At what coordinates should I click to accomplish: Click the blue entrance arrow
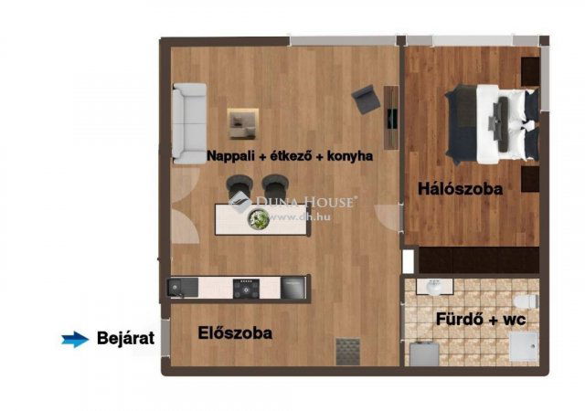point(75,339)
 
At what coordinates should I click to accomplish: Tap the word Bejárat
point(126,338)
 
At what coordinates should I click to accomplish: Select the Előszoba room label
point(235,332)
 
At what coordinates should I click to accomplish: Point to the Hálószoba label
point(460,189)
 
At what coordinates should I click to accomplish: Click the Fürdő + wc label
point(481,320)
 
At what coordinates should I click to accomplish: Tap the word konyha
point(350,156)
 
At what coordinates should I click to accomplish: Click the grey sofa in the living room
point(189,123)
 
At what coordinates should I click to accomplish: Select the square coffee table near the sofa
point(243,123)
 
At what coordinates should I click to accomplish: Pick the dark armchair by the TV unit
point(366,99)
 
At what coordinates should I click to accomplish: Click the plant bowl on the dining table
point(259,219)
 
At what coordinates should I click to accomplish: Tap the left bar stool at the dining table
point(239,185)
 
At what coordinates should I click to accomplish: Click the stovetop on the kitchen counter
point(246,289)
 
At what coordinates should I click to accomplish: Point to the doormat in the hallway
point(348,352)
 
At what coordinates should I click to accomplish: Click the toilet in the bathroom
point(526,301)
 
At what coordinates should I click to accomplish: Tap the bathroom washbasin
point(434,287)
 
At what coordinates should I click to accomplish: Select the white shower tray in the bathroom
point(524,347)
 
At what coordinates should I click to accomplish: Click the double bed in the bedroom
point(493,124)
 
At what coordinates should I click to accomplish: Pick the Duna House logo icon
point(240,203)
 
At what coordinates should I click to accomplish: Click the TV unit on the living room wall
point(391,118)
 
